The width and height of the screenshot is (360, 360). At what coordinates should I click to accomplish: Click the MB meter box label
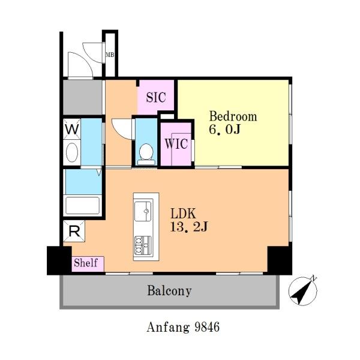click(x=110, y=55)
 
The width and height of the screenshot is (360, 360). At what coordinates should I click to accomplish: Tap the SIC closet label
click(x=156, y=97)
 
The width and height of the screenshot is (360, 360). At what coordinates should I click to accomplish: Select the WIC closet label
click(x=176, y=144)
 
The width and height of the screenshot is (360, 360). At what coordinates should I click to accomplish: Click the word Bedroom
click(x=233, y=116)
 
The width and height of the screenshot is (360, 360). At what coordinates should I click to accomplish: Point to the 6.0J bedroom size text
click(x=224, y=129)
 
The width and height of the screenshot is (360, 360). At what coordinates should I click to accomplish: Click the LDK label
click(x=183, y=214)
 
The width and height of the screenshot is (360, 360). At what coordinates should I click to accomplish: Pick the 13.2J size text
click(x=189, y=227)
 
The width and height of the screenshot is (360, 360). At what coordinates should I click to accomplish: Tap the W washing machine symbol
click(x=72, y=129)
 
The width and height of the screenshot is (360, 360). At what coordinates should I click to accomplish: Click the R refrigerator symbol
click(x=74, y=231)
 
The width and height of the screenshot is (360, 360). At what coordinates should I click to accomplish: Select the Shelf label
click(x=86, y=263)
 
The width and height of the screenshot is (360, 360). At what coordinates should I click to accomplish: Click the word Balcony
click(x=169, y=291)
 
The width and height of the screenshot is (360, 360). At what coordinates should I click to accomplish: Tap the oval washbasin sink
click(x=72, y=152)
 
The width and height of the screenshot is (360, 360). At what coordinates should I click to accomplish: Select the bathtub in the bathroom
click(x=82, y=205)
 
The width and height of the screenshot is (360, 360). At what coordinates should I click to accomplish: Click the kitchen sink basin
click(x=143, y=211)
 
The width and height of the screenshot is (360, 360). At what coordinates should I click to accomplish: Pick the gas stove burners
click(x=143, y=245)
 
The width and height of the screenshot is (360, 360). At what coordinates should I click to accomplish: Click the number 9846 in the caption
click(x=207, y=327)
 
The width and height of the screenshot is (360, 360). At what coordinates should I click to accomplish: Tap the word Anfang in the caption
click(x=168, y=328)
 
